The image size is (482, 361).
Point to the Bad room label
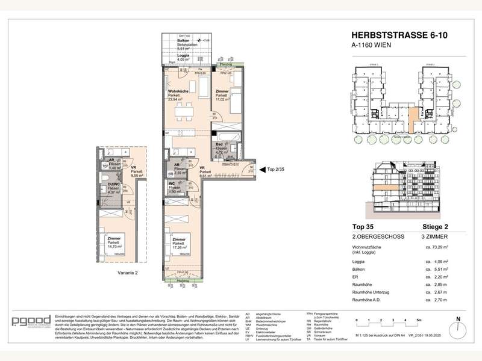click(x=221, y=148)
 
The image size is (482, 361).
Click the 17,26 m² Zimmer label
click(x=175, y=244)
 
